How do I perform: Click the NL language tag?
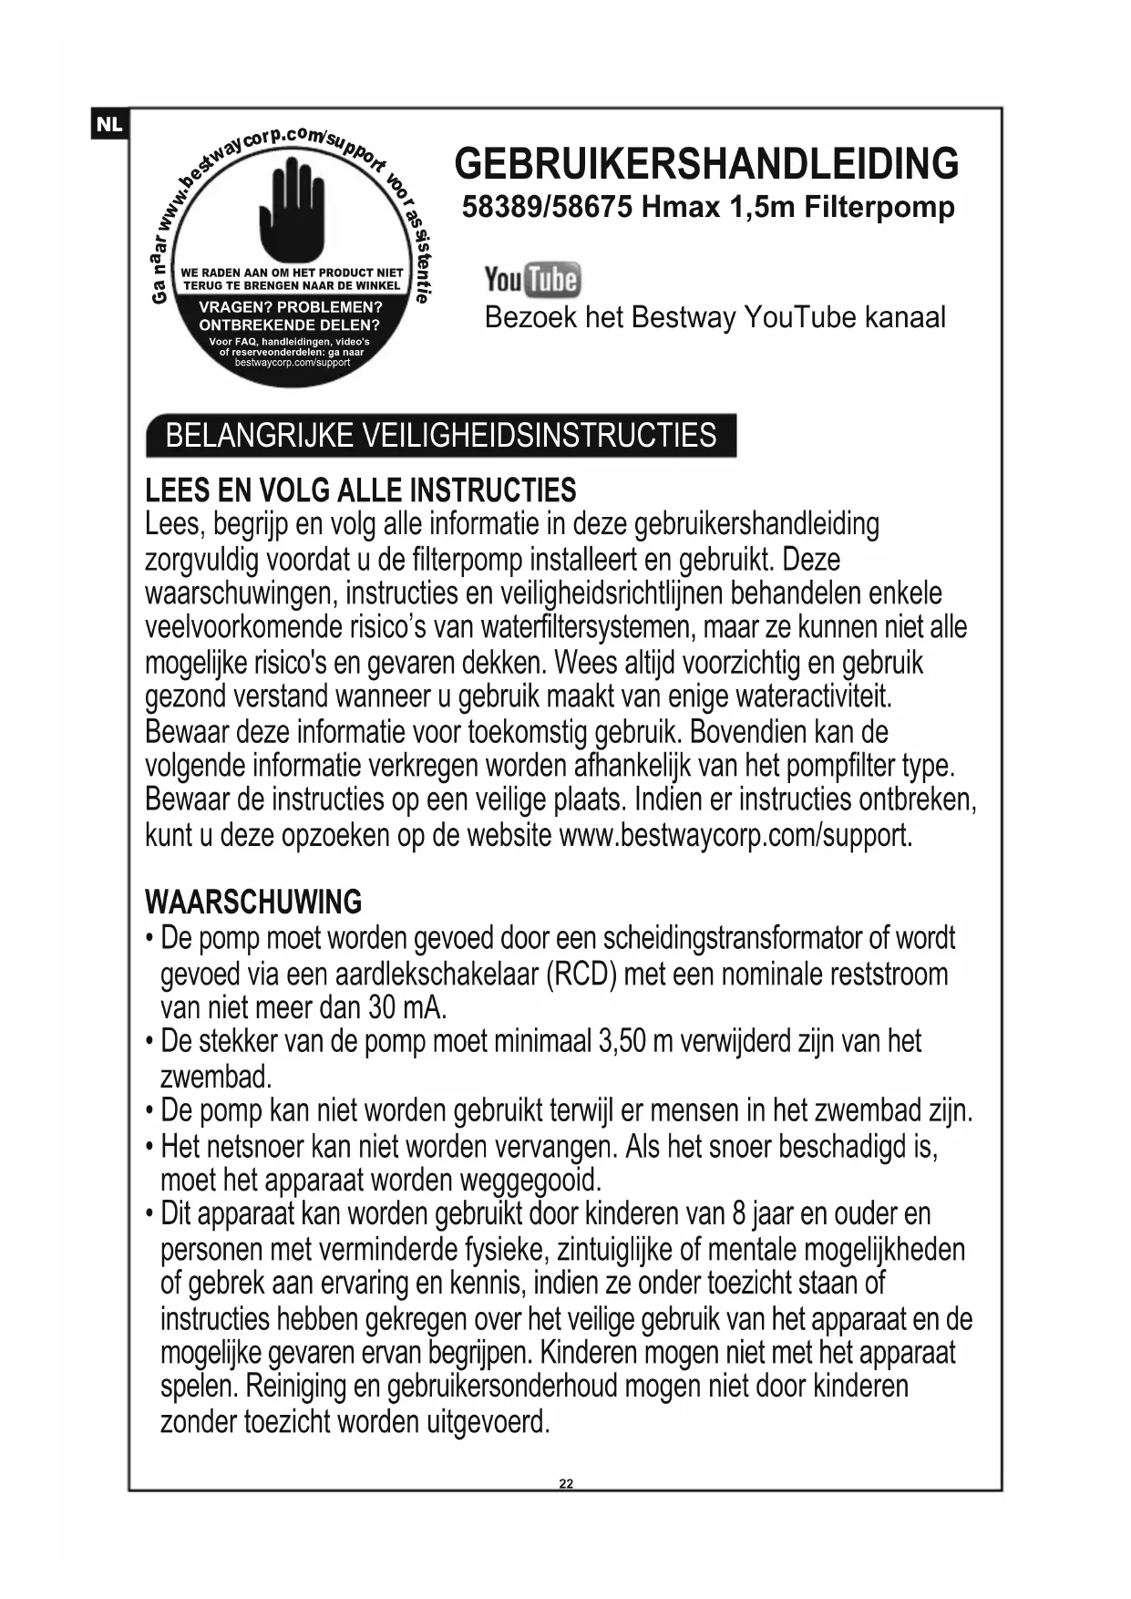tap(109, 124)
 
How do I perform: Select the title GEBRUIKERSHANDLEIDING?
tap(706, 164)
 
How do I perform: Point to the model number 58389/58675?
tap(547, 207)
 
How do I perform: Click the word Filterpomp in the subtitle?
tap(879, 207)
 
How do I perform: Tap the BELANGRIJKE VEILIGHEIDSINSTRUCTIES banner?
tap(441, 436)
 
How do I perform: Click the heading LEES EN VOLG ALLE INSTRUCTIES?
tap(361, 490)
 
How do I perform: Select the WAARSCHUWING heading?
tap(253, 903)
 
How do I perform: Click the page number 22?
tap(566, 1483)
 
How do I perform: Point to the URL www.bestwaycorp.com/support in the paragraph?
tap(735, 835)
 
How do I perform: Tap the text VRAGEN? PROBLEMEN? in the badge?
tap(290, 307)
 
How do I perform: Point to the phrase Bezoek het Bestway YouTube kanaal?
tap(715, 317)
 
